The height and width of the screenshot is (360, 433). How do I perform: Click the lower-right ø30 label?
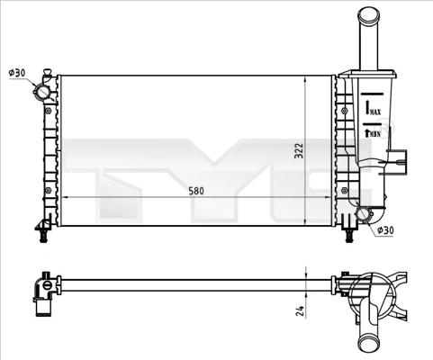(x=384, y=230)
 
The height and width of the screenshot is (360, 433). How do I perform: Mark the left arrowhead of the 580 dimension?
(x=64, y=196)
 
